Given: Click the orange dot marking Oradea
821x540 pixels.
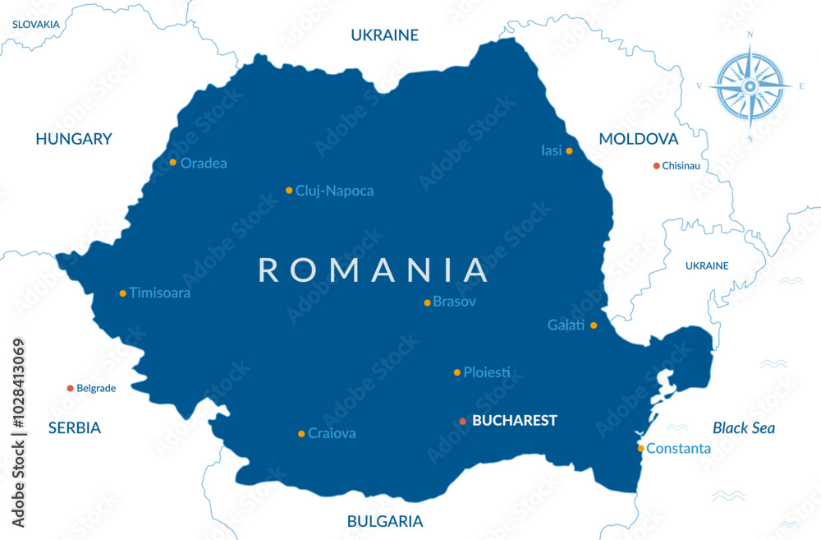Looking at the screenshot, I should click(x=172, y=162).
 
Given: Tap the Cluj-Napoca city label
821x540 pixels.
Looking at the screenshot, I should click(x=334, y=191).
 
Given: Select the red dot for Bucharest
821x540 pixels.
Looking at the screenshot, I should click(x=462, y=421).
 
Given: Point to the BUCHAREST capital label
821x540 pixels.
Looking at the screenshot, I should click(x=515, y=421).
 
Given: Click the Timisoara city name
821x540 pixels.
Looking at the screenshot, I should click(x=159, y=293).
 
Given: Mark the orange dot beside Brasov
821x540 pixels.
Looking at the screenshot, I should click(x=427, y=302).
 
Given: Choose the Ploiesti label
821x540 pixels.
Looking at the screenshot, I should click(x=486, y=372).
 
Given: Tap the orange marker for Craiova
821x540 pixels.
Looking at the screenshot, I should click(x=301, y=433).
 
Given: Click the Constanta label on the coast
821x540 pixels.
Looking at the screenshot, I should click(x=678, y=448).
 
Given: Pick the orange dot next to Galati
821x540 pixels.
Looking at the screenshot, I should click(x=594, y=325).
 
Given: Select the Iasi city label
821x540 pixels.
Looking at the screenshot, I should click(x=551, y=150).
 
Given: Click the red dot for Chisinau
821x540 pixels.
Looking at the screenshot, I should click(x=656, y=165).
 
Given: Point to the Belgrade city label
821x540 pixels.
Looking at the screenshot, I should click(x=96, y=388).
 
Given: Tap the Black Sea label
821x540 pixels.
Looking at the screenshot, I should click(x=743, y=427).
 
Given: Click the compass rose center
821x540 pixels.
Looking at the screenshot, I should click(x=750, y=85).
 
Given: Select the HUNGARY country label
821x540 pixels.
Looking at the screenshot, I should click(x=73, y=139).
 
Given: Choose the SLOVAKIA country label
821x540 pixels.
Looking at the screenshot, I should click(x=35, y=24).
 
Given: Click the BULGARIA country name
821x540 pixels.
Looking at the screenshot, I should click(x=385, y=521).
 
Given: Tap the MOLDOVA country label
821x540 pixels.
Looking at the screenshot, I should click(x=638, y=139).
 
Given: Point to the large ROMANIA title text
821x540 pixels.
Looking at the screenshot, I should click(x=374, y=270).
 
